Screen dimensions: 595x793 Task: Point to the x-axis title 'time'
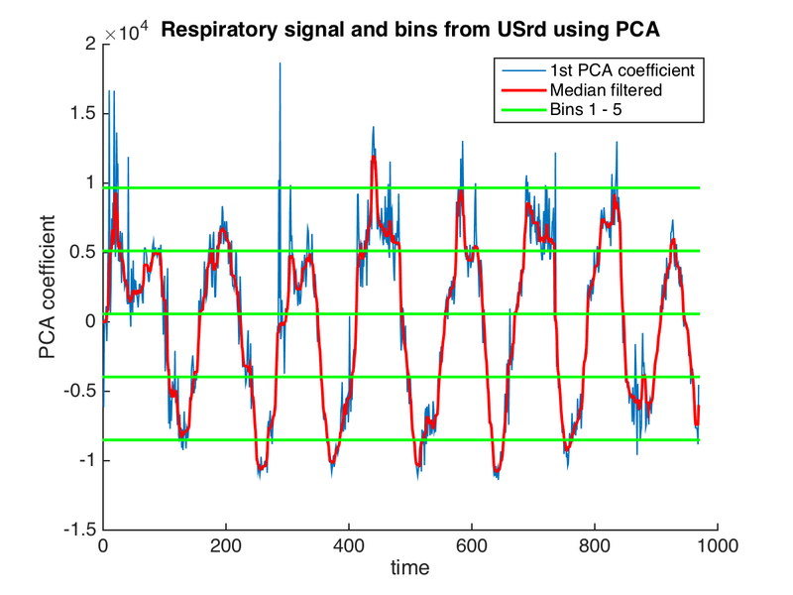(409, 568)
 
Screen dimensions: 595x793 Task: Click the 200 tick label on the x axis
(226, 545)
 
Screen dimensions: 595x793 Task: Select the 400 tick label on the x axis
(349, 545)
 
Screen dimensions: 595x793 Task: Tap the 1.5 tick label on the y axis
(84, 113)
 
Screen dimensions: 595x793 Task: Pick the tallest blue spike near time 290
(280, 63)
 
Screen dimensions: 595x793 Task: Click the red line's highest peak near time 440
(374, 158)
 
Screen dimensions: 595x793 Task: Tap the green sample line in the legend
(520, 108)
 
